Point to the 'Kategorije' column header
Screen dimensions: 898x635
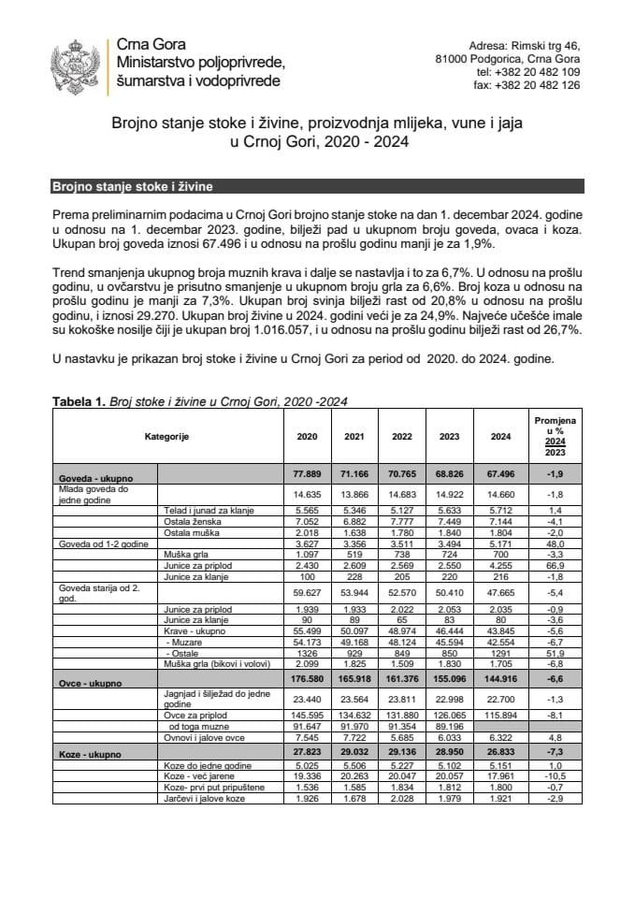coord(167,437)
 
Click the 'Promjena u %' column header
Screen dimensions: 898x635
coord(556,437)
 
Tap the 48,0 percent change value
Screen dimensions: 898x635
coord(556,543)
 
